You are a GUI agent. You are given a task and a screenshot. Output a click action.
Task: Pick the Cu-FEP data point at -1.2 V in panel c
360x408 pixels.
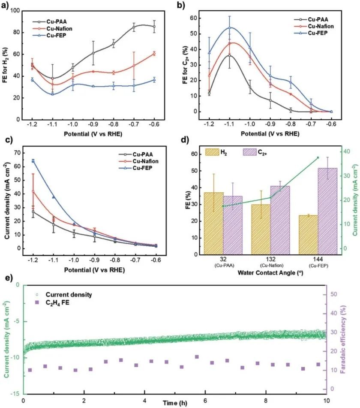click(x=33, y=161)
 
